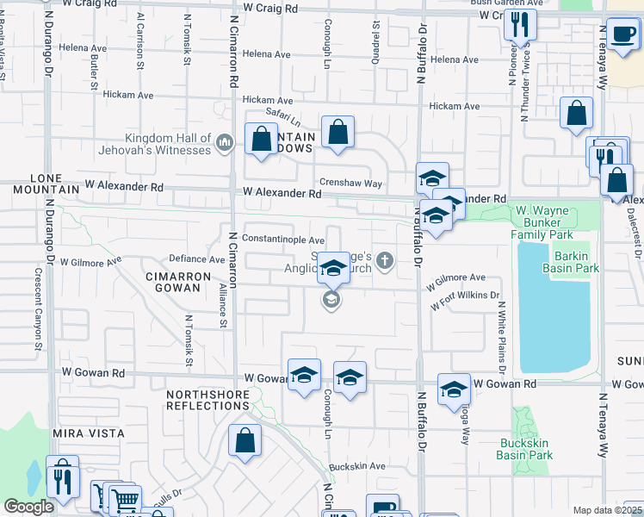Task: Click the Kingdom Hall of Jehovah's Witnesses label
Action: (x=168, y=144)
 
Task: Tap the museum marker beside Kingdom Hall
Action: (x=225, y=141)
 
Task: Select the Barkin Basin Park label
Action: (x=571, y=262)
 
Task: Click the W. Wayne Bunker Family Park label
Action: (x=554, y=221)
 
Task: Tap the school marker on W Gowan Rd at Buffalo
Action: (x=453, y=389)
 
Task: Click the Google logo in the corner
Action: (x=28, y=507)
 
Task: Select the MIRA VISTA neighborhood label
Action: (x=89, y=433)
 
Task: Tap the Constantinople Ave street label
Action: (x=283, y=240)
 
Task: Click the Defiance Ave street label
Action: (x=196, y=258)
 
